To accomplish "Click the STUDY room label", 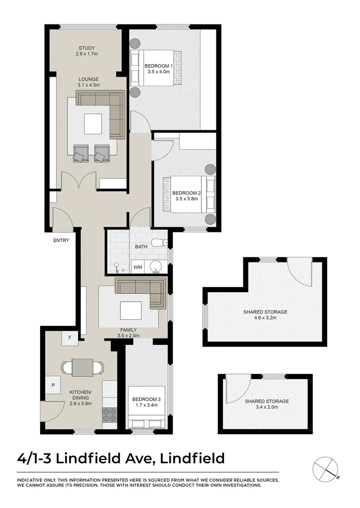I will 87,48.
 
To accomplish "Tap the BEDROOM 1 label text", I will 159,66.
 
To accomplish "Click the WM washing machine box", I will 137,267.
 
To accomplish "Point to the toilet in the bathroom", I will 160,243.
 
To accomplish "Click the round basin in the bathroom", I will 156,267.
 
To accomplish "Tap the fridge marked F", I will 70,338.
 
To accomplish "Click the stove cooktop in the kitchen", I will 109,414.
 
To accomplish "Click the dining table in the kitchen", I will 82,367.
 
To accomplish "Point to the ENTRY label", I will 61,240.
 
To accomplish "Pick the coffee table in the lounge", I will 93,124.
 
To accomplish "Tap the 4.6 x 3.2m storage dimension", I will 265,318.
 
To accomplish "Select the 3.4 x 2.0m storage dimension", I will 266,407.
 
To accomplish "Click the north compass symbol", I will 325,468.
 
